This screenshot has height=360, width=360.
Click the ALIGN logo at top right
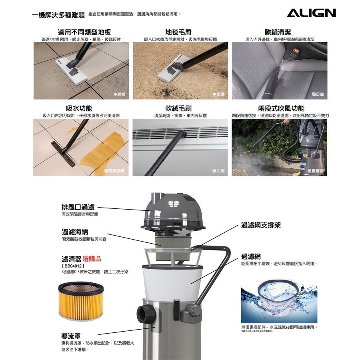311,13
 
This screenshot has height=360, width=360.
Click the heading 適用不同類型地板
84,32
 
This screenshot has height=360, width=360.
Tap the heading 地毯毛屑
180,32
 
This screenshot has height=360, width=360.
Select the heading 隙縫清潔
280,32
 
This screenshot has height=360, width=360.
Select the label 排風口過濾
78,207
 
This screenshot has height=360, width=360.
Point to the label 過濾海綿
75,232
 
